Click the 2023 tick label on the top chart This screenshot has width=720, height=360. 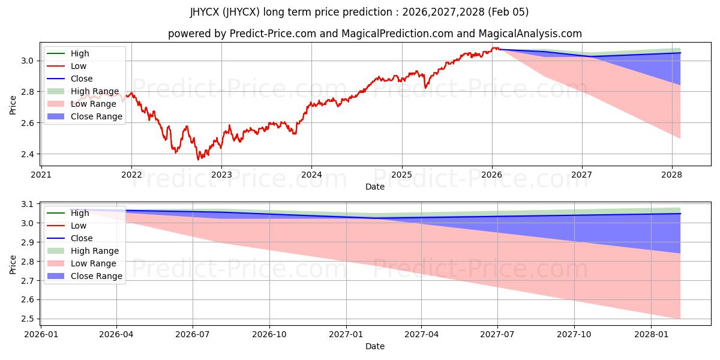[x=221, y=175]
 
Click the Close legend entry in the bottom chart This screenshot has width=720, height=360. [x=82, y=238]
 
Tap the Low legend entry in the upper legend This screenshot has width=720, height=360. [x=79, y=66]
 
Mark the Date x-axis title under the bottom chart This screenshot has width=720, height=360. [x=375, y=346]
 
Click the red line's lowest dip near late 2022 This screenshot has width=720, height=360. [x=199, y=159]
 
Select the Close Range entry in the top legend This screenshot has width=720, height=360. [x=97, y=116]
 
